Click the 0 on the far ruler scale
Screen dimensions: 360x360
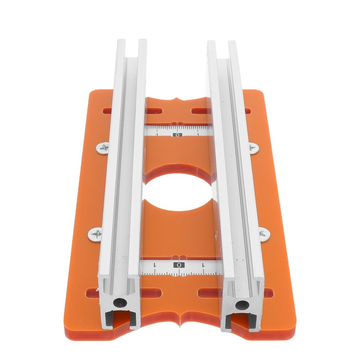point(178,135)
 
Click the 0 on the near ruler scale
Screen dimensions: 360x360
point(179,265)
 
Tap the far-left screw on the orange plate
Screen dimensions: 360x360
point(103,147)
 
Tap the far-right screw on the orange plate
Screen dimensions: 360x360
point(253,147)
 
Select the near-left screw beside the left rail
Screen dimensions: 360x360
point(95,235)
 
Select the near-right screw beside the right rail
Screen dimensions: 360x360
point(264,234)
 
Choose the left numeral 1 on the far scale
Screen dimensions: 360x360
point(157,134)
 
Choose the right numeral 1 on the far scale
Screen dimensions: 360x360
point(198,134)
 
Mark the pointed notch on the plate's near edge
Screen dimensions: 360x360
point(180,322)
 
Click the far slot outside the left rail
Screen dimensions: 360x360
point(107,111)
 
